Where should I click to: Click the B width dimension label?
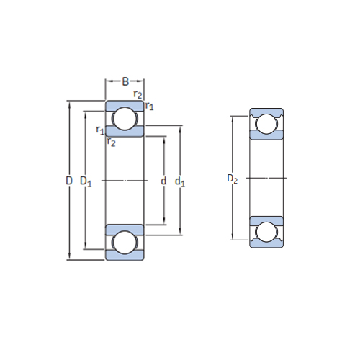click(x=125, y=81)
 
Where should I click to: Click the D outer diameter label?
click(x=69, y=181)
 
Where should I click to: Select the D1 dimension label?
click(x=86, y=181)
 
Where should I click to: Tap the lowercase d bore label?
click(x=163, y=181)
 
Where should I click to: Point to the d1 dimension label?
click(x=180, y=181)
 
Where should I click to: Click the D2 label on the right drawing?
click(x=233, y=179)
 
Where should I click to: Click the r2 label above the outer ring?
click(x=138, y=94)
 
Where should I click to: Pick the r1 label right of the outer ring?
click(x=149, y=106)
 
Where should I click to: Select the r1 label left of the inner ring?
click(x=100, y=130)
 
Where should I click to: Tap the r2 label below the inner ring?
click(x=111, y=143)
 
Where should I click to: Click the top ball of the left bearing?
click(x=125, y=119)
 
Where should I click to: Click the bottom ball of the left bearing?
click(x=125, y=242)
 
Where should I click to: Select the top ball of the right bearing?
click(x=266, y=124)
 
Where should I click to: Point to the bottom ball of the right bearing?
click(x=266, y=232)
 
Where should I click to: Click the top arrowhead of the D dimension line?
click(x=69, y=104)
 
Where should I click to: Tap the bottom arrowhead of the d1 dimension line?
click(x=180, y=231)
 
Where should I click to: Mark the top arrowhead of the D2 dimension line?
click(x=233, y=120)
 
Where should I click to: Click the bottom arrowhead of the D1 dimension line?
click(x=86, y=246)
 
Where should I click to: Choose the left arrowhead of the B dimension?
click(x=109, y=81)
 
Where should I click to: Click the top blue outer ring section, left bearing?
click(x=125, y=106)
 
